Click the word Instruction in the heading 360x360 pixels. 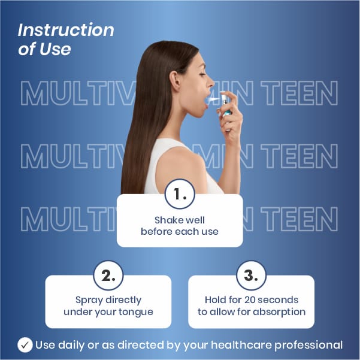(66, 30)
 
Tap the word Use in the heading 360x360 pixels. (55, 49)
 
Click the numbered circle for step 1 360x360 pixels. (180, 193)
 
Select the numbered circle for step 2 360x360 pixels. (108, 276)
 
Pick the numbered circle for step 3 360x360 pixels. (251, 276)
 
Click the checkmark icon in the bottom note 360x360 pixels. (25, 345)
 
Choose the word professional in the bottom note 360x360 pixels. (308, 345)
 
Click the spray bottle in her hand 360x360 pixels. (225, 108)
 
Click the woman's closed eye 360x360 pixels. (202, 74)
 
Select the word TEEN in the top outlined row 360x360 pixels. (300, 93)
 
